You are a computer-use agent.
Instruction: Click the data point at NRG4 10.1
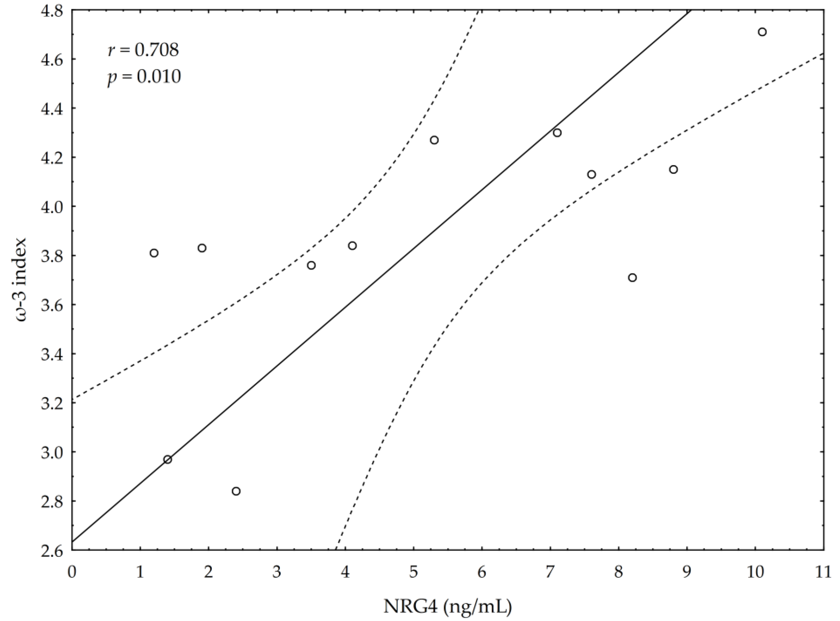(762, 32)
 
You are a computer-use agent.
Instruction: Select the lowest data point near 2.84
(236, 491)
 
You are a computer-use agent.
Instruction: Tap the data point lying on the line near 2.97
(168, 459)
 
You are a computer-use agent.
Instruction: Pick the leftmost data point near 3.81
(154, 253)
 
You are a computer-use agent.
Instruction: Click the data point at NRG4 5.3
(434, 140)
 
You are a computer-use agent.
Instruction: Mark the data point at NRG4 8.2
(632, 278)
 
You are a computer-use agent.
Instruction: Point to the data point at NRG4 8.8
(673, 170)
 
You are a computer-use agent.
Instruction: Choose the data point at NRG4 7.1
(557, 133)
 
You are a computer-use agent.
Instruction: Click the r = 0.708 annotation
(143, 50)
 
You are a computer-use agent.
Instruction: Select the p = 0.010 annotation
(144, 77)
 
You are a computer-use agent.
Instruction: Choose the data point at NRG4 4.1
(352, 246)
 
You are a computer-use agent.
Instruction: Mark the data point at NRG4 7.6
(592, 174)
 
